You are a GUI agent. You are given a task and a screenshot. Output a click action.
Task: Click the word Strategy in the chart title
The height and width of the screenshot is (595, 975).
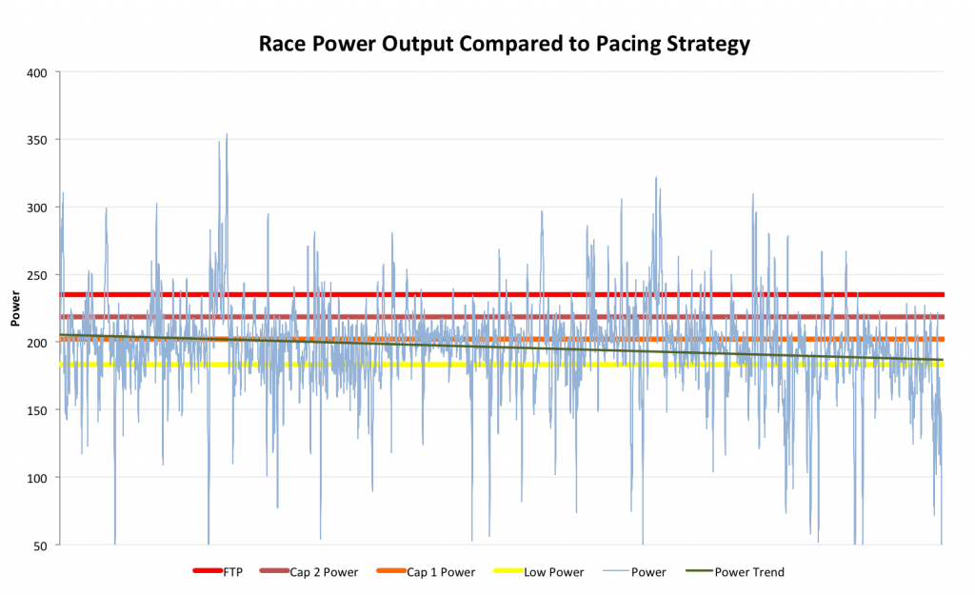coord(705,44)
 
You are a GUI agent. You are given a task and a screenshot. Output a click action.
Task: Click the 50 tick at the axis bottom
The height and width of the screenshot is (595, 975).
coord(40,545)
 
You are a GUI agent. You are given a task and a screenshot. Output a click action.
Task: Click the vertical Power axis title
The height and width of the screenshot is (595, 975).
coord(15,309)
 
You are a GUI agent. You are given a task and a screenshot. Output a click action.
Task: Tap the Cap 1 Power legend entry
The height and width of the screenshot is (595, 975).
coord(440,572)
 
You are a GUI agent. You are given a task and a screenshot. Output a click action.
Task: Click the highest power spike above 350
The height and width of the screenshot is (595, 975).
coord(227,135)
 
